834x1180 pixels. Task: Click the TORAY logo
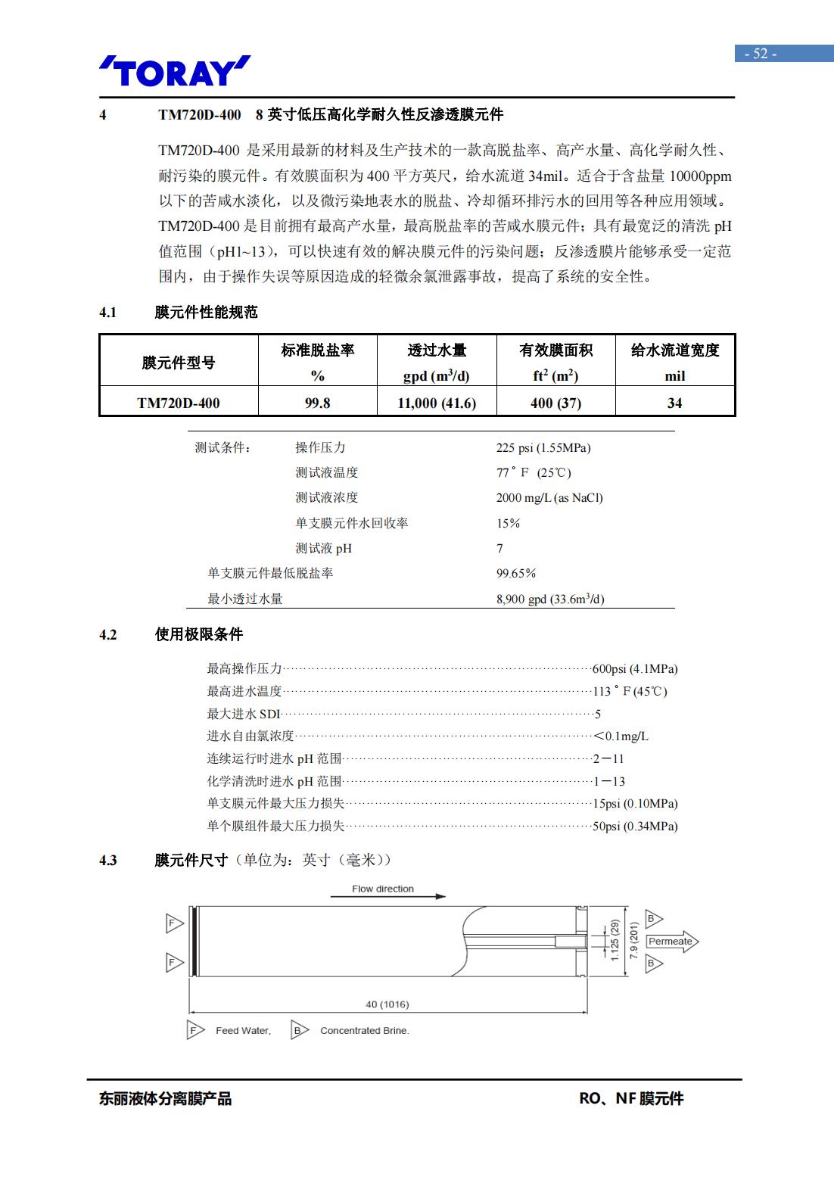(x=174, y=71)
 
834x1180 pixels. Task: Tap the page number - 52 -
(x=761, y=54)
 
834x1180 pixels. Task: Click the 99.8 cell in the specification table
(x=317, y=403)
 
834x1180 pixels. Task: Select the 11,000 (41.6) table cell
(x=437, y=403)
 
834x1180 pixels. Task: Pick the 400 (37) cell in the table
(x=555, y=403)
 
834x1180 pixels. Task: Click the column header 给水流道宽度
(x=674, y=350)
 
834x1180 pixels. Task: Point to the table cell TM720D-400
(x=179, y=403)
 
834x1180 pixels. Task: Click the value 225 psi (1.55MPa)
(x=543, y=447)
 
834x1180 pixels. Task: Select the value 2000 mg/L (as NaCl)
(x=549, y=497)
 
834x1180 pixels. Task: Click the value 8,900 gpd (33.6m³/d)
(x=550, y=599)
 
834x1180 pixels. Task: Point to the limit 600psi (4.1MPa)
(x=634, y=669)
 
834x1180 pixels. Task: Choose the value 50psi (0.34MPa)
(x=634, y=826)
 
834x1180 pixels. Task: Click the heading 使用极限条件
(x=199, y=634)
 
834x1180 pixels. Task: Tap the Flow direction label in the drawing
(x=383, y=889)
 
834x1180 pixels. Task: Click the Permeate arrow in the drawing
(x=671, y=942)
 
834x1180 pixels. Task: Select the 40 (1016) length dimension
(x=387, y=1004)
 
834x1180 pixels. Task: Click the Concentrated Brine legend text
(x=364, y=1030)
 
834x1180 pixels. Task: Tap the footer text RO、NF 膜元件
(x=631, y=1098)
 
